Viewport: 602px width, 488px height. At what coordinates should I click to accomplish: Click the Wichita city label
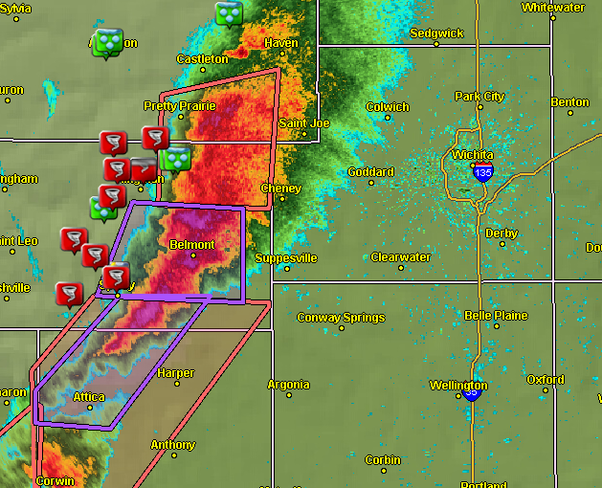click(x=474, y=155)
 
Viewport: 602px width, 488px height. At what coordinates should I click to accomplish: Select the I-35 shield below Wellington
click(x=471, y=392)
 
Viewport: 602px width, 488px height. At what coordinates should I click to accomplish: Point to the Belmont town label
click(x=191, y=245)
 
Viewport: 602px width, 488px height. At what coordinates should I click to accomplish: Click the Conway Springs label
click(x=341, y=318)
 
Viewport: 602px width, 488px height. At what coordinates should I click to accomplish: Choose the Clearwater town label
click(x=401, y=257)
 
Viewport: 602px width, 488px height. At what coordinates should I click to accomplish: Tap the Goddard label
click(x=370, y=172)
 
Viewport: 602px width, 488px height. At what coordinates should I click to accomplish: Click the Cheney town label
click(x=280, y=189)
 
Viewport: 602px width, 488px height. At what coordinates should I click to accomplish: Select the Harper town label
click(x=175, y=373)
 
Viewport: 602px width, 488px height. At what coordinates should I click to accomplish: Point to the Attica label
click(x=89, y=396)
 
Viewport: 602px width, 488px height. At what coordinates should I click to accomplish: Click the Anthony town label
click(x=172, y=445)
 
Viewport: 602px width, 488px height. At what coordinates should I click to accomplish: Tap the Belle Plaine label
click(x=496, y=316)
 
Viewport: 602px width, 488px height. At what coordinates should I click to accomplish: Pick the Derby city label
click(x=502, y=233)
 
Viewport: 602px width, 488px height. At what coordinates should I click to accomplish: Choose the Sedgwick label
click(x=436, y=33)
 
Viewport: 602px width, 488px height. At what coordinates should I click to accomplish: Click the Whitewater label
click(x=553, y=8)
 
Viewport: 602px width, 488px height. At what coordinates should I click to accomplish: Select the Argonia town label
click(x=288, y=385)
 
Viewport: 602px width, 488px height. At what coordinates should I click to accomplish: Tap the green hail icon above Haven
click(x=229, y=13)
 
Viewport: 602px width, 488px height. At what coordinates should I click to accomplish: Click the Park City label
click(x=479, y=97)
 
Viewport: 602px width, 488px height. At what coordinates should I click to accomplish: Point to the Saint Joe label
click(x=303, y=123)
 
